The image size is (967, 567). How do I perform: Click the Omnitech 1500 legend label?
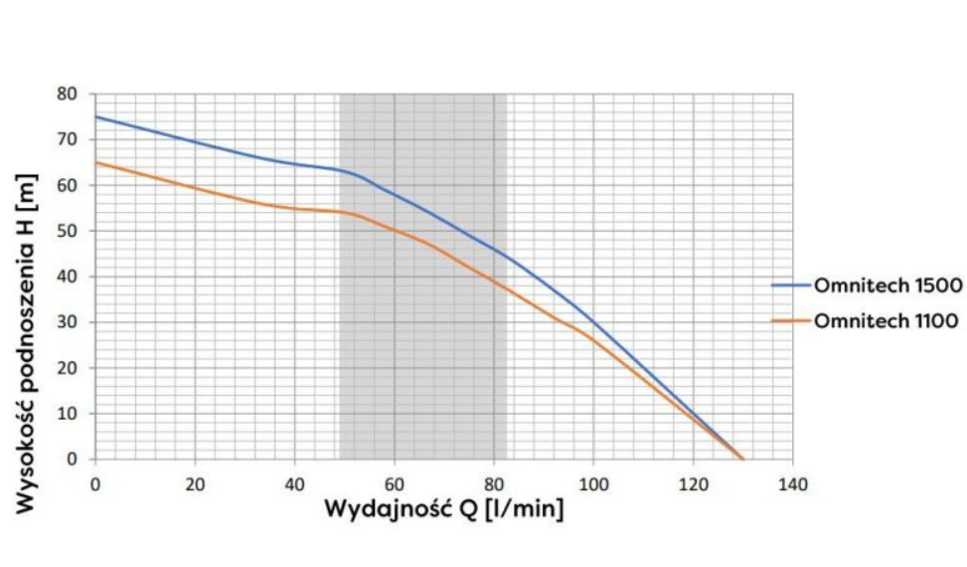(887, 285)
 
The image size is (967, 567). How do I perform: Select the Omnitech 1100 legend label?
(887, 320)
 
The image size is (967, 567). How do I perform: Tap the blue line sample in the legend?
(791, 285)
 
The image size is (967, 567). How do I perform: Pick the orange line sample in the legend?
(791, 320)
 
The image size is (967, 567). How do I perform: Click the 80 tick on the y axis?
(70, 94)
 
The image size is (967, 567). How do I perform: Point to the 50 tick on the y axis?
(70, 231)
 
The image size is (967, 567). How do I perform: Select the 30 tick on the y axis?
(70, 322)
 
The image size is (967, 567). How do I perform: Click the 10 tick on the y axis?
(70, 414)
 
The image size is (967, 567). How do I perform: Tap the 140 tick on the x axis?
(793, 484)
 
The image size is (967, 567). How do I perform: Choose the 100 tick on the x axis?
(593, 484)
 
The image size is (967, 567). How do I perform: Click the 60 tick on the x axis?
(395, 484)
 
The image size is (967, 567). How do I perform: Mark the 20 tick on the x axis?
(195, 484)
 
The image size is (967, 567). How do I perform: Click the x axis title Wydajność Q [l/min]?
(443, 510)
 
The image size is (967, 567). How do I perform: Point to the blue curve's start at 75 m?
(95, 116)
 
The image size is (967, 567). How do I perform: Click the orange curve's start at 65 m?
(95, 162)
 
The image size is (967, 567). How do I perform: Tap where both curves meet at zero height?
(742, 459)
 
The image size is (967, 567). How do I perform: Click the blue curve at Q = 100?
(593, 320)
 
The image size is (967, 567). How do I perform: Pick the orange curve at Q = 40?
(294, 208)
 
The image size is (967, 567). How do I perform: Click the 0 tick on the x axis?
(95, 484)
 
